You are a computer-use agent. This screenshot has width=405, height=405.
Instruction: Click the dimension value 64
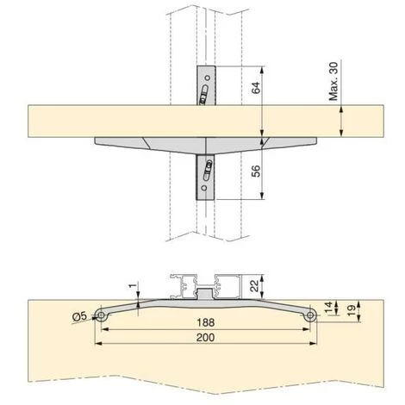click(256, 88)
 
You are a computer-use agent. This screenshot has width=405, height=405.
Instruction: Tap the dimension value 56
click(256, 171)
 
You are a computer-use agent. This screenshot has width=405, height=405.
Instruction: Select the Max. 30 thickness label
click(333, 81)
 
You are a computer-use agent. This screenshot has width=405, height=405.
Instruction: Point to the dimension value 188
click(206, 322)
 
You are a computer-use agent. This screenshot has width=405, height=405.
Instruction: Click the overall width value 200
click(206, 337)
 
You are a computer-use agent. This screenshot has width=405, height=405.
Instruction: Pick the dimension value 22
click(255, 286)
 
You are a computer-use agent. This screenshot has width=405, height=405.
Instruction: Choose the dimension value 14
click(328, 307)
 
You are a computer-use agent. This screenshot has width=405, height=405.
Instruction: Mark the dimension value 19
click(351, 310)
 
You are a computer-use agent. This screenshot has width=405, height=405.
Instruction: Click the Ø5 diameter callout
click(79, 316)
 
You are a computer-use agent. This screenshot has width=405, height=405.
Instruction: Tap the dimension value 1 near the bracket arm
click(133, 286)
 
